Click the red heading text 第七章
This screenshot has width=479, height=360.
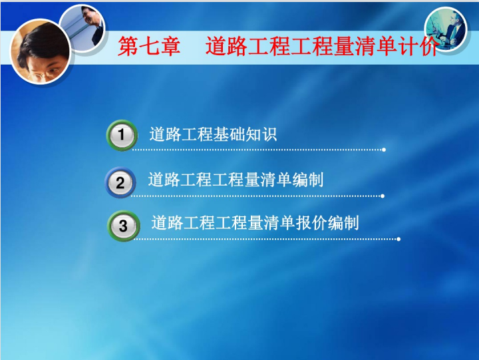point(149,46)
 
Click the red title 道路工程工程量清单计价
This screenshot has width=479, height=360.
point(323,46)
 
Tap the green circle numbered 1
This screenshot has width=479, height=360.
point(122,135)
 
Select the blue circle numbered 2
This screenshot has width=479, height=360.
point(120,182)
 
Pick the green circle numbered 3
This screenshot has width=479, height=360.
point(124,226)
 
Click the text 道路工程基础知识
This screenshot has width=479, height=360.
point(213,134)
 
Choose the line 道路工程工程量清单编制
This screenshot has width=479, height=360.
point(236,180)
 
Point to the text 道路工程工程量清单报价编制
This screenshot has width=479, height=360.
point(255,223)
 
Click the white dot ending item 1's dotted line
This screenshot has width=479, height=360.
point(384,150)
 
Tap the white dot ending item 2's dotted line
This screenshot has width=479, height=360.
point(383,196)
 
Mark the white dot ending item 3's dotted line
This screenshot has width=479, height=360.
point(399,240)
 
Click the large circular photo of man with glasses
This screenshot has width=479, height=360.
point(41,52)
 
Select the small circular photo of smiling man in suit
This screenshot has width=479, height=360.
point(82,28)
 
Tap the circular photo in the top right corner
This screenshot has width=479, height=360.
point(446,29)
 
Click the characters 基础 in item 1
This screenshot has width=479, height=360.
point(229,134)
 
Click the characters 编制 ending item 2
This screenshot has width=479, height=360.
point(307,180)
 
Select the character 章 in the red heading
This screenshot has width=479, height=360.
point(170,46)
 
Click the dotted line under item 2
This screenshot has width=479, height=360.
point(256,196)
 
